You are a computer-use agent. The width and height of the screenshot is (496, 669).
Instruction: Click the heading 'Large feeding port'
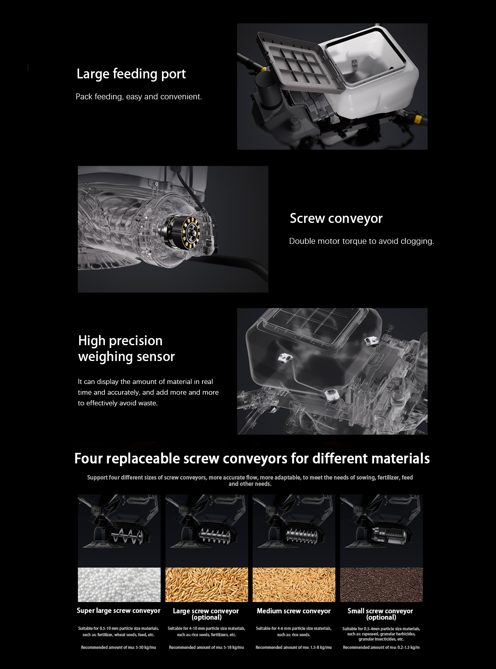pyautogui.click(x=131, y=74)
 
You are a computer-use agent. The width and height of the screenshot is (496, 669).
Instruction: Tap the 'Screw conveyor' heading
pyautogui.click(x=336, y=219)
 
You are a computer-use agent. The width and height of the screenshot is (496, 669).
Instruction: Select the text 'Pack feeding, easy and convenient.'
pyautogui.click(x=139, y=97)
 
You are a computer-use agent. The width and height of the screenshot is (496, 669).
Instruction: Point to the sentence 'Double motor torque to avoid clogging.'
pyautogui.click(x=361, y=241)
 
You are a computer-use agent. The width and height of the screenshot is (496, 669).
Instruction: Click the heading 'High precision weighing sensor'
pyautogui.click(x=126, y=349)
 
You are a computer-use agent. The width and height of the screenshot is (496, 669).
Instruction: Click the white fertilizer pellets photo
pyautogui.click(x=119, y=585)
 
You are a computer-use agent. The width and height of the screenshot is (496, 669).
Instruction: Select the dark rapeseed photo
pyautogui.click(x=381, y=585)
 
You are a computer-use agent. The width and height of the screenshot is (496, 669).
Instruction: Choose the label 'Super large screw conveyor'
pyautogui.click(x=119, y=610)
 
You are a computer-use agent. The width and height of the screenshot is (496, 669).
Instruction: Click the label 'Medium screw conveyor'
pyautogui.click(x=294, y=611)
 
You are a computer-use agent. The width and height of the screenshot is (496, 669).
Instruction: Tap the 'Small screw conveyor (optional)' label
pyautogui.click(x=380, y=614)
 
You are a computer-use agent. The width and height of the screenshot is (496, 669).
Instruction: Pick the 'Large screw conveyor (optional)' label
pyautogui.click(x=206, y=614)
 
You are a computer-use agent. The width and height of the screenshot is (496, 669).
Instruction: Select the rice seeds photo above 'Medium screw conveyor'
pyautogui.click(x=294, y=585)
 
